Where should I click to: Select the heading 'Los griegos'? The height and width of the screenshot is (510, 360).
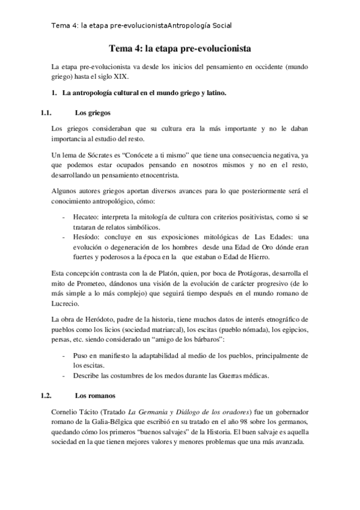(92, 112)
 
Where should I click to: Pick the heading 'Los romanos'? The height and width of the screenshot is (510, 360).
(95, 396)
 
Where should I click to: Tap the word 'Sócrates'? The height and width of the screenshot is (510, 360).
(102, 156)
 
